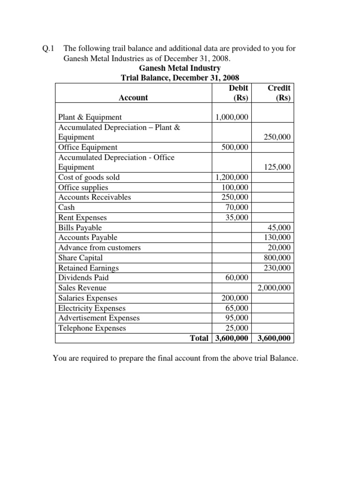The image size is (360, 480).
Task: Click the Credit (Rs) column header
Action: (x=278, y=93)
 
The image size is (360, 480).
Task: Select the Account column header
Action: (x=133, y=97)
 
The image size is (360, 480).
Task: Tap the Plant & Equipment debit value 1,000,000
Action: (x=232, y=117)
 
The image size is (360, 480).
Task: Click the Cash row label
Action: (x=66, y=207)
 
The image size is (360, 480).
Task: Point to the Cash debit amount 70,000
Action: (x=237, y=207)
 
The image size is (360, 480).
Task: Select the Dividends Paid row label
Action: (x=83, y=277)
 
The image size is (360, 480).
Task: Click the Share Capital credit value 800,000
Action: (x=277, y=258)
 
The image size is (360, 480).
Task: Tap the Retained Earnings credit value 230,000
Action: (x=277, y=268)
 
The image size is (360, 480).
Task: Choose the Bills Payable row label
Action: (x=80, y=227)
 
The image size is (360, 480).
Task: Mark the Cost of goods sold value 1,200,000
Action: (x=232, y=177)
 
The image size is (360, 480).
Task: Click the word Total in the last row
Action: (x=199, y=338)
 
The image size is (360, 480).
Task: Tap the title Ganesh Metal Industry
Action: (x=180, y=68)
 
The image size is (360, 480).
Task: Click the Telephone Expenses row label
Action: (x=92, y=328)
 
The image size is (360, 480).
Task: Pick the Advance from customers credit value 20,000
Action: (x=280, y=247)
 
